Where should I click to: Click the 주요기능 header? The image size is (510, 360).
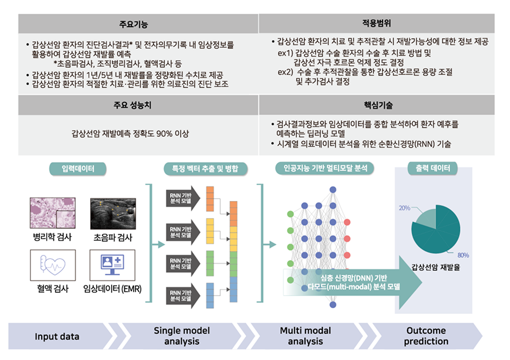138,24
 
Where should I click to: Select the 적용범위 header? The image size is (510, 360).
376,24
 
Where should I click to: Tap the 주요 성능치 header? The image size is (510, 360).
138,106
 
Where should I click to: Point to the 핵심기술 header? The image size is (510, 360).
376,106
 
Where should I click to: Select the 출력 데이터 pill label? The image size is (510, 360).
433,169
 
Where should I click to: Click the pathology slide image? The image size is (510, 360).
52,213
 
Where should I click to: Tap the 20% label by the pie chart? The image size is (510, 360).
405,208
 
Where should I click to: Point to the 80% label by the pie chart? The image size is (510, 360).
463,255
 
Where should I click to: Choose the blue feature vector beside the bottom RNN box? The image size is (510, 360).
210,295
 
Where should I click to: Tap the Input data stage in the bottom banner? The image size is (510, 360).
57,336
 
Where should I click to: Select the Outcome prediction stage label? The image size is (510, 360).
426,336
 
